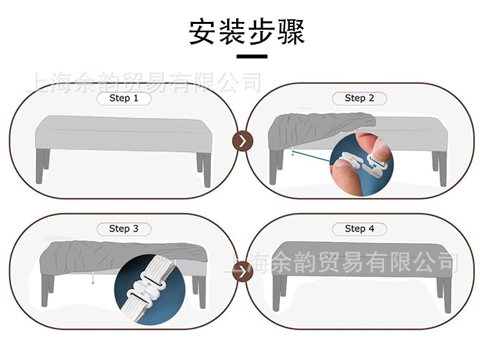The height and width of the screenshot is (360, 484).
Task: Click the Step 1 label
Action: click(124, 98)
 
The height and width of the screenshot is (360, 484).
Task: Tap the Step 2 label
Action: click(359, 98)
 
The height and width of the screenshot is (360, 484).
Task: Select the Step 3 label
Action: click(124, 228)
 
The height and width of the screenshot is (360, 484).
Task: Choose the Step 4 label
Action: click(359, 228)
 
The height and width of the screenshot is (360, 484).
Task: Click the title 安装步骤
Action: click(247, 31)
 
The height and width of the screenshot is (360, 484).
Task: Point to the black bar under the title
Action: click(252, 57)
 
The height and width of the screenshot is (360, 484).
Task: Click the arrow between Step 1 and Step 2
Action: click(242, 141)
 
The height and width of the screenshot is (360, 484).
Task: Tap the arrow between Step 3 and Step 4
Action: click(242, 272)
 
